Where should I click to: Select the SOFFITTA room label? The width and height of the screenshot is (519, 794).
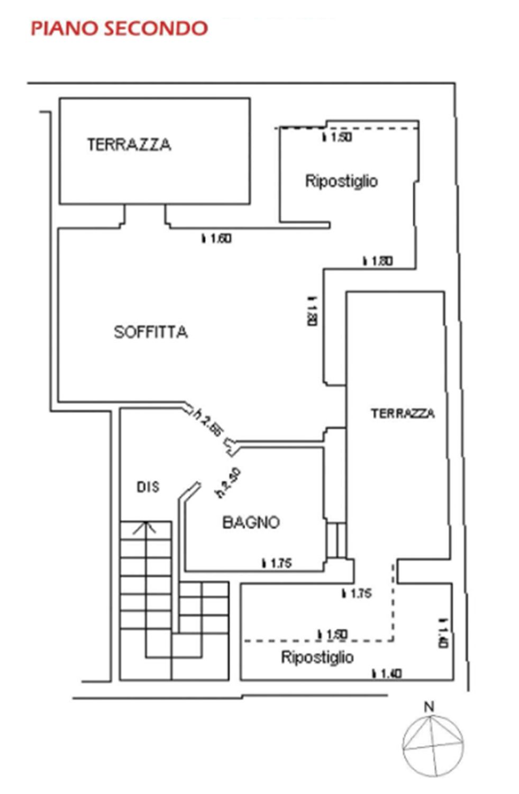click(151, 332)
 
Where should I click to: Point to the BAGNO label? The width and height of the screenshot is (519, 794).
click(251, 522)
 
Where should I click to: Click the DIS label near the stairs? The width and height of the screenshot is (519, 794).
click(148, 487)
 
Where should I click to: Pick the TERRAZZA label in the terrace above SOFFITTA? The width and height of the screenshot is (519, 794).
click(129, 145)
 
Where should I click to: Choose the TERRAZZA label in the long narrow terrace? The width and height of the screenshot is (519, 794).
click(403, 413)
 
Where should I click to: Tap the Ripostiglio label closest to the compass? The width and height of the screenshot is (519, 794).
click(317, 657)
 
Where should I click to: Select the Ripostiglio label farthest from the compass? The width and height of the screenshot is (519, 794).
click(341, 181)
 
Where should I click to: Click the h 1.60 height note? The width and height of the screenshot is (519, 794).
click(216, 239)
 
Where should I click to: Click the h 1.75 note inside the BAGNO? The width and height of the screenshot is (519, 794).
click(277, 564)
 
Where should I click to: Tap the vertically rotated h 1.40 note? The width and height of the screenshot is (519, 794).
click(443, 634)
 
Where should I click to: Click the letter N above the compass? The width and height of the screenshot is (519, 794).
click(430, 706)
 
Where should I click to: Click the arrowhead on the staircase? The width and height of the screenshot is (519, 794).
click(144, 527)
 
